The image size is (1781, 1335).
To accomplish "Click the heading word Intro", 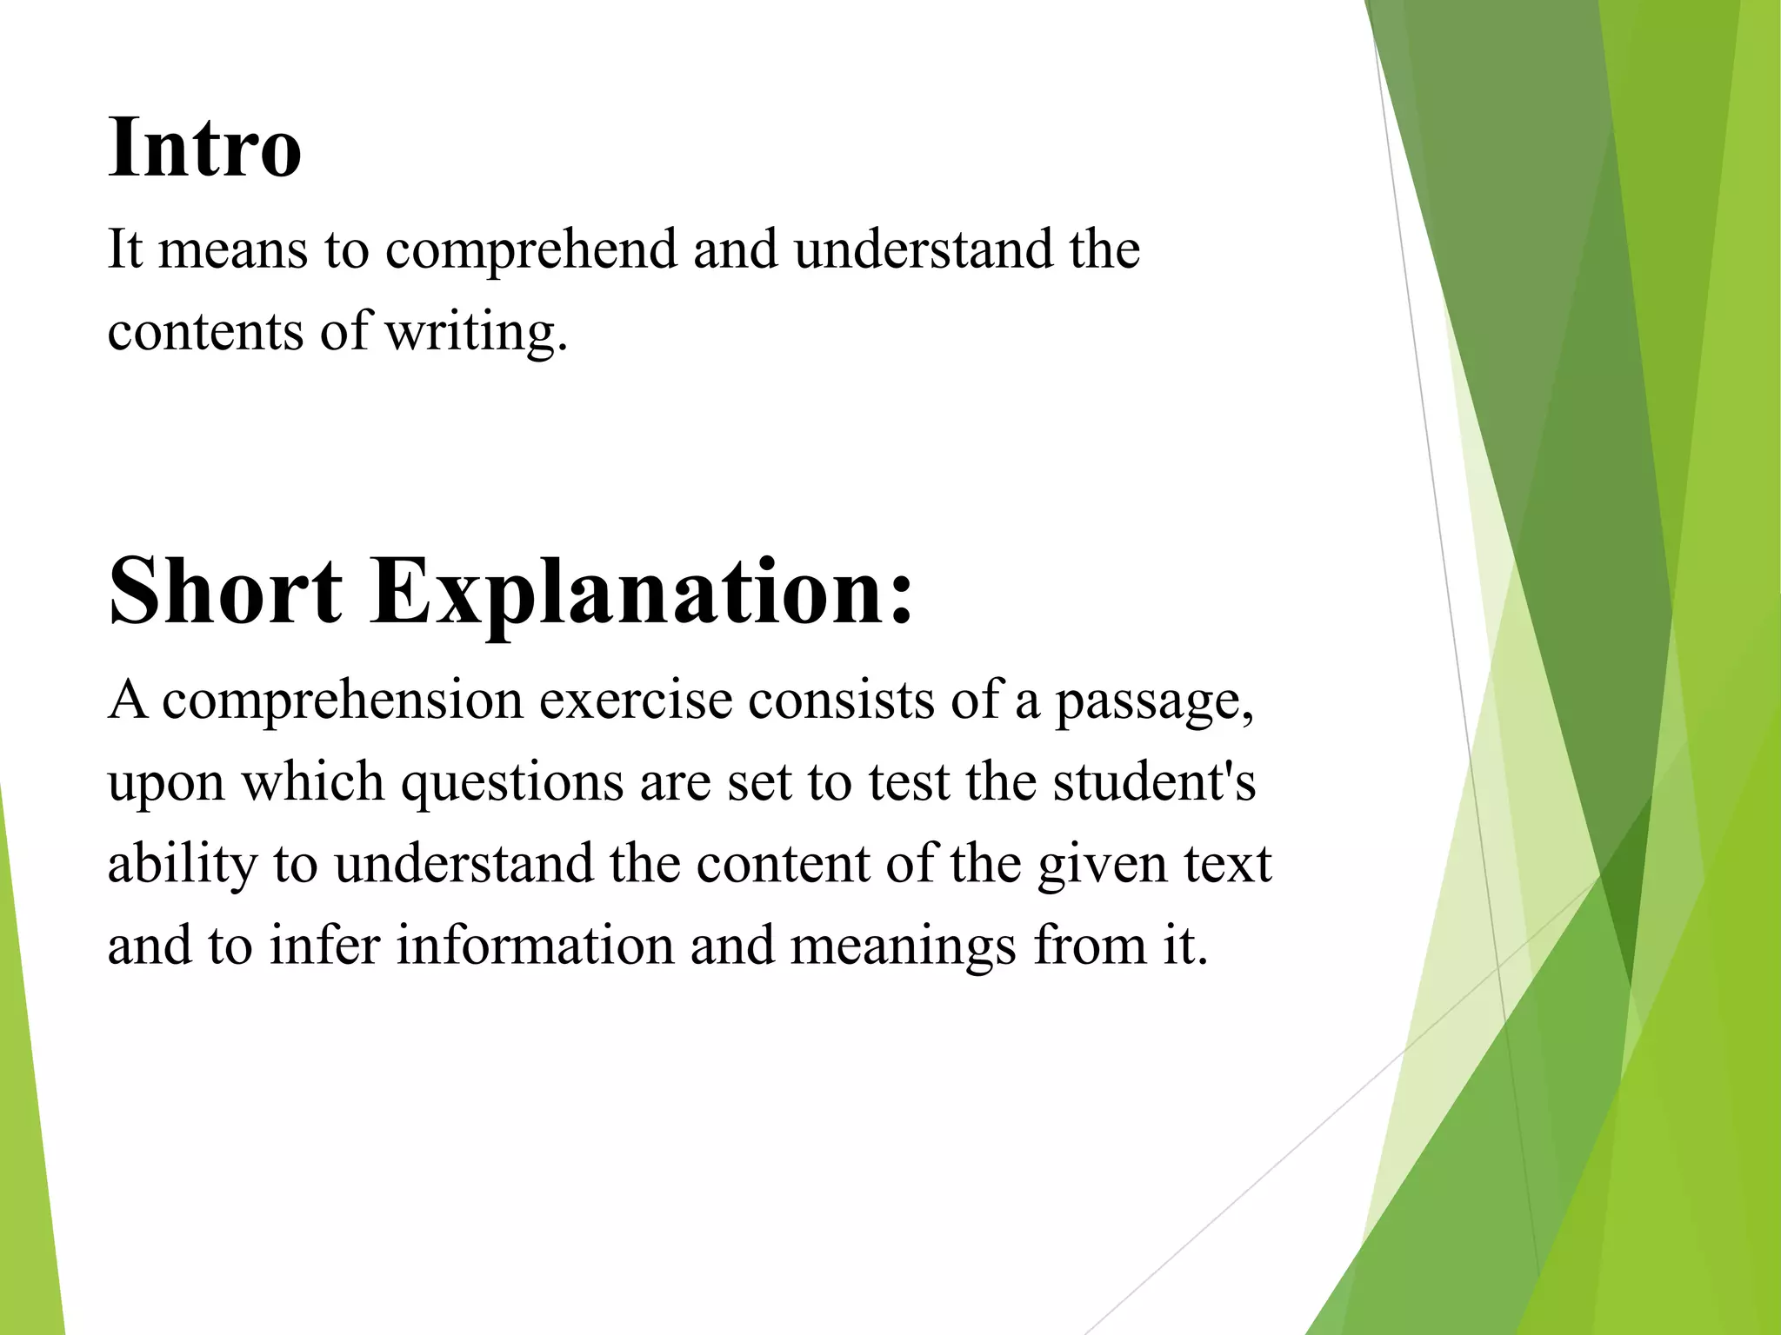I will [x=204, y=148].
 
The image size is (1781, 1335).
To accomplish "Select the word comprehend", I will [x=530, y=250].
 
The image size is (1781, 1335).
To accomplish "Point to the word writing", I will [x=476, y=332].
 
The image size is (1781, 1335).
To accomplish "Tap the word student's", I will [x=1154, y=782].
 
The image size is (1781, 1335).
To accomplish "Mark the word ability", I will [x=183, y=864].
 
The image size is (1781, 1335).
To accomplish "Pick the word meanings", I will [x=903, y=946].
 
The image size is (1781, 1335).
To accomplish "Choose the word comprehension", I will [x=343, y=701].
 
